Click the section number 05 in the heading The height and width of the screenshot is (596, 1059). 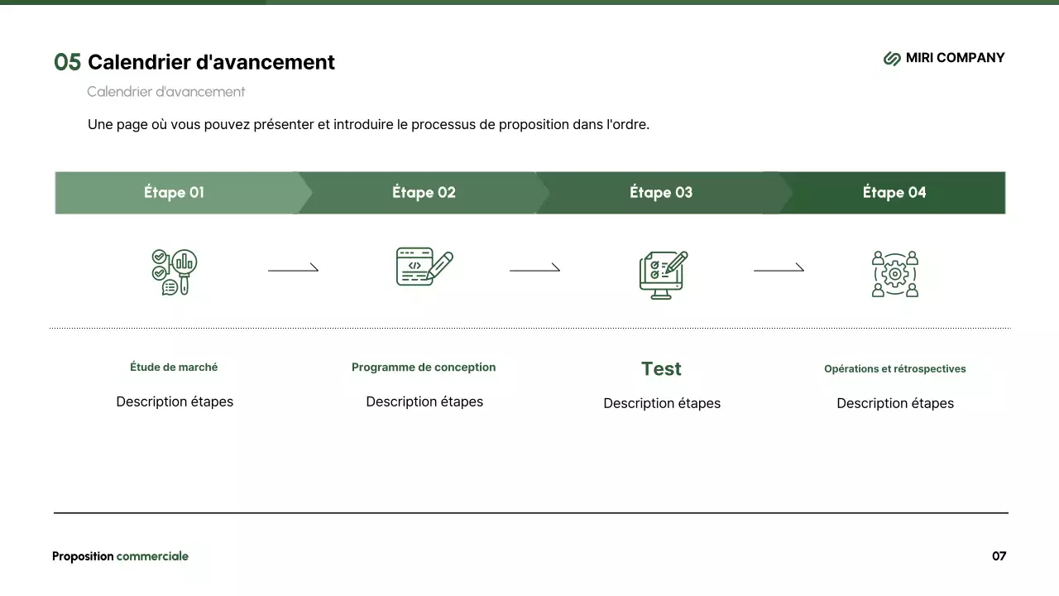67,62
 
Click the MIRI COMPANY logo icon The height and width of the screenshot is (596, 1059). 892,58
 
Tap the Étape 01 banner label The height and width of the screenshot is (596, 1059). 174,193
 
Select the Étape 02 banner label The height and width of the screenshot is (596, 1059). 424,193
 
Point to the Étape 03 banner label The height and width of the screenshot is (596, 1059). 661,193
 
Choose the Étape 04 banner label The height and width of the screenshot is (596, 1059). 894,193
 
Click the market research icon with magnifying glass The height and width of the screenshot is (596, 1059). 175,272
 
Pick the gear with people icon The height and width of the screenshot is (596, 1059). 895,274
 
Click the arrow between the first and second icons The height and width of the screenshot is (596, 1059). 293,268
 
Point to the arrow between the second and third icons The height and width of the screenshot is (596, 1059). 534,268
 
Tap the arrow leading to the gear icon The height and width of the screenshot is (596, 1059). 779,268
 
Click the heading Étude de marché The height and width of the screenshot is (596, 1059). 174,367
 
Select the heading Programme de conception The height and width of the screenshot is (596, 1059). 424,368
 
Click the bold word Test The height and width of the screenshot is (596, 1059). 661,369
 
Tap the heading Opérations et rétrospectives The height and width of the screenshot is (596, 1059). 894,369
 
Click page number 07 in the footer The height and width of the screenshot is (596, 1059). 999,556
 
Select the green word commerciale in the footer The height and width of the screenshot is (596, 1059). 152,556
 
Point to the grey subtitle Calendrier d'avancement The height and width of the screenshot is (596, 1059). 165,92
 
